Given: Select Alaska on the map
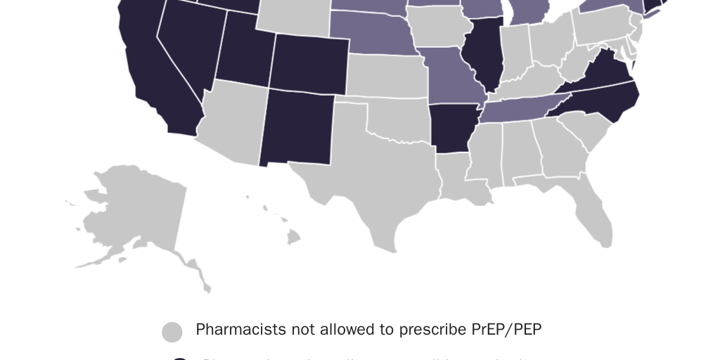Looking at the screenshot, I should [134, 211].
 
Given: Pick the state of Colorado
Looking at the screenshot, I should [309, 63].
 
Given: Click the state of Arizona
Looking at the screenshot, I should [232, 123].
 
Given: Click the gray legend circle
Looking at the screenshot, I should [172, 332].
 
